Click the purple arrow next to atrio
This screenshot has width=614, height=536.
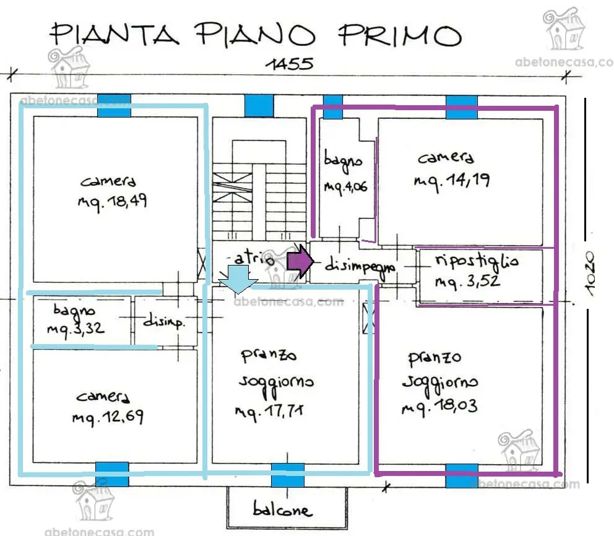pyautogui.click(x=300, y=261)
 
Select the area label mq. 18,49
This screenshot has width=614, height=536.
pyautogui.click(x=113, y=202)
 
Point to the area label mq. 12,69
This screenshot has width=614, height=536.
pyautogui.click(x=108, y=417)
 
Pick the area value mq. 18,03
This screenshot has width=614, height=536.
pyautogui.click(x=439, y=407)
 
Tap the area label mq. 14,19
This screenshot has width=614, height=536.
pyautogui.click(x=452, y=181)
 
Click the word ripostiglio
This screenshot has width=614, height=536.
pyautogui.click(x=477, y=261)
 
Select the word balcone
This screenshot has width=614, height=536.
pyautogui.click(x=283, y=509)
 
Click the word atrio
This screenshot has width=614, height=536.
pyautogui.click(x=254, y=259)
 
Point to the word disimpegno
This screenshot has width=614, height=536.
pyautogui.click(x=360, y=266)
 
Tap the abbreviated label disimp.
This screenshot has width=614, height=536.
pyautogui.click(x=163, y=321)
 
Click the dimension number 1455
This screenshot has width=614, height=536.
pyautogui.click(x=290, y=64)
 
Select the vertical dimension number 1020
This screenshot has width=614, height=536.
pyautogui.click(x=589, y=274)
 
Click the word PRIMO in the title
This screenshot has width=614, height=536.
pyautogui.click(x=400, y=35)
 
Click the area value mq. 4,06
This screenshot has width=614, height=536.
pyautogui.click(x=345, y=187)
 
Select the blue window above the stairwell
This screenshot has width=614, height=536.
pyautogui.click(x=259, y=106)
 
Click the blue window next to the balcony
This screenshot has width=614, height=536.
pyautogui.click(x=288, y=475)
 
